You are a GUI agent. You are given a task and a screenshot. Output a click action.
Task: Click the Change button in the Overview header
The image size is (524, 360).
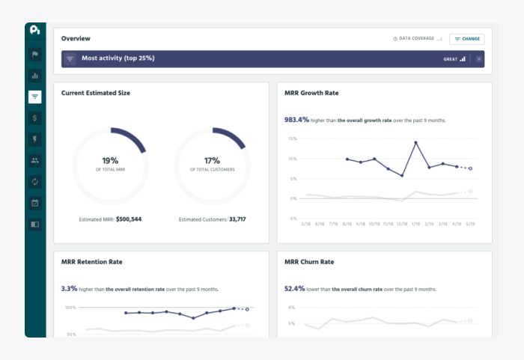(466, 39)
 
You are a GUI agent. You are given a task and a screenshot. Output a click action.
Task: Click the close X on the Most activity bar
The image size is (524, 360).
(479, 58)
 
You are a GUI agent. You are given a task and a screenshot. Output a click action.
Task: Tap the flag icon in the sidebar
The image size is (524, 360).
(35, 55)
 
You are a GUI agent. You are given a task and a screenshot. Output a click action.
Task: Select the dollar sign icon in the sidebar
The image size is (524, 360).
(35, 118)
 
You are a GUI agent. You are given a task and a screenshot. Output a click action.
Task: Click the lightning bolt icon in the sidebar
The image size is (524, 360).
(35, 139)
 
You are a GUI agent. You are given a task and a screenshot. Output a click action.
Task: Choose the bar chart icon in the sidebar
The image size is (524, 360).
(35, 76)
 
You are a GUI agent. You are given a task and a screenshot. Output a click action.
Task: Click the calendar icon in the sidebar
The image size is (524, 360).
(35, 203)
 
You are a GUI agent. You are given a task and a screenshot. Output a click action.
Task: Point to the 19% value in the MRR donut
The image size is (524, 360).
(110, 160)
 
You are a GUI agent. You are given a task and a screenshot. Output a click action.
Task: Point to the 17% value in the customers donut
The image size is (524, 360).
(212, 160)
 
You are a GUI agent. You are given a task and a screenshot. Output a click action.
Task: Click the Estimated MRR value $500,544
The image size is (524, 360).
(129, 219)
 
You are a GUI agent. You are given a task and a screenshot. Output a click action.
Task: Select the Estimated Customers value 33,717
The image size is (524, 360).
(237, 219)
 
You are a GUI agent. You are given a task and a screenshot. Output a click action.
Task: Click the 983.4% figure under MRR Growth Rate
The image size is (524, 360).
(296, 119)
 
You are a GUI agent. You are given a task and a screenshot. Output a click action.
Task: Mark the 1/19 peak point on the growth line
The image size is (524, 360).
(415, 142)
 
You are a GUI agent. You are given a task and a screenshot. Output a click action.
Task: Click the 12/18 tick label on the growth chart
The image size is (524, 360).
(402, 224)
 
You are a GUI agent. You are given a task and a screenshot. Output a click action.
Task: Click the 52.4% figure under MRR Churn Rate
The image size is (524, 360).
(294, 288)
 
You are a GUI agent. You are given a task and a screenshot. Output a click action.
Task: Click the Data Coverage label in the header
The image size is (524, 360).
(415, 39)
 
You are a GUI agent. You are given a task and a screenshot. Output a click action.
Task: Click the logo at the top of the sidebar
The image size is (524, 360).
(35, 31)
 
